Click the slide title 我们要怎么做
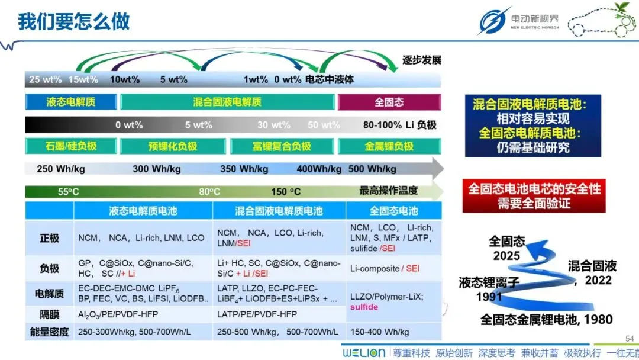[74, 21]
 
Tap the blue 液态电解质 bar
[70, 102]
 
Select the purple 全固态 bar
[389, 102]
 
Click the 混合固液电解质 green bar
[227, 102]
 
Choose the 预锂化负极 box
[173, 146]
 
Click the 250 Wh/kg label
[61, 169]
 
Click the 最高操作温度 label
[388, 191]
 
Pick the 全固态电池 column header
[393, 211]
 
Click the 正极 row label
[49, 238]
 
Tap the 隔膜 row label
[49, 314]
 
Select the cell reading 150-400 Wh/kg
[379, 332]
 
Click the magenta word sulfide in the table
[364, 307]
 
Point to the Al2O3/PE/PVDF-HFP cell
[118, 314]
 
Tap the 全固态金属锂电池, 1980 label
[546, 319]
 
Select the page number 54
[630, 339]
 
